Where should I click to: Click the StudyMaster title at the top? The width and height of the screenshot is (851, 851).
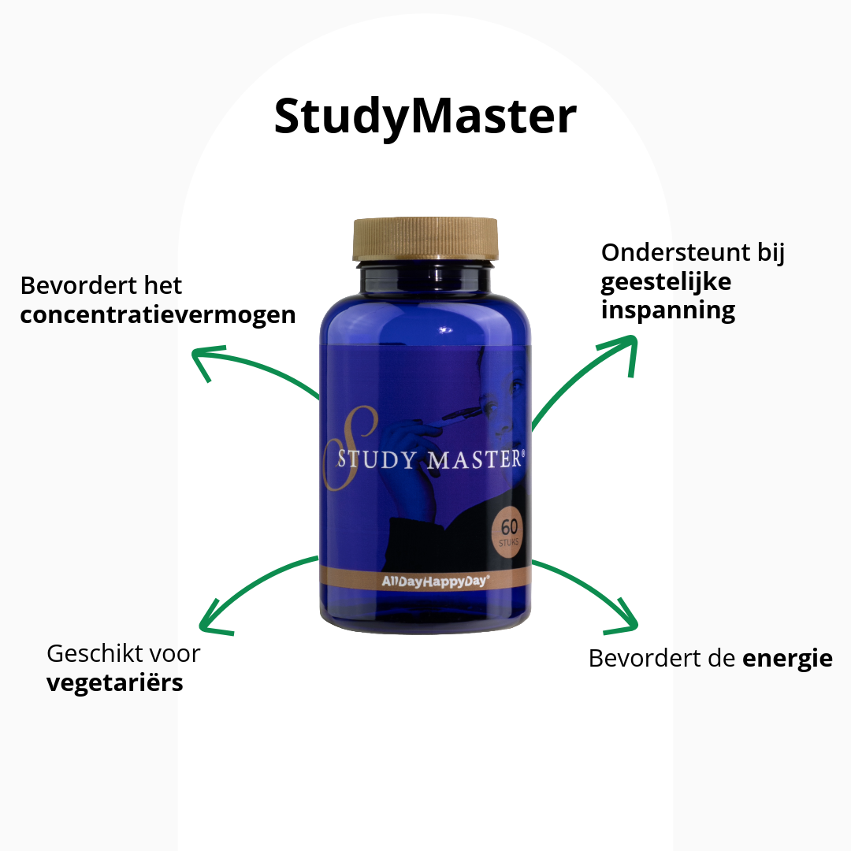425,117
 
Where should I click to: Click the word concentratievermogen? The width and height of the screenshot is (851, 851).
158,315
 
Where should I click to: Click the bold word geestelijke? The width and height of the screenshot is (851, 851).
655,281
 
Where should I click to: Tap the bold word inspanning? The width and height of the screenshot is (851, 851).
668,310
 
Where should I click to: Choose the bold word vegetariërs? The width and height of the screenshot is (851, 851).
115,682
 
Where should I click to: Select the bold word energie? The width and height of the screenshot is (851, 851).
787,658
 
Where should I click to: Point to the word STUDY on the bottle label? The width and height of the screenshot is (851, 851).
376,460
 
